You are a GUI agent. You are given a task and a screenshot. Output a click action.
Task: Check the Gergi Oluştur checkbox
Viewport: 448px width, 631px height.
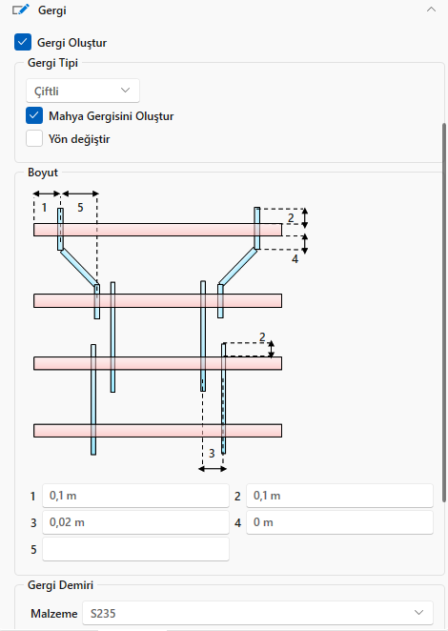23,42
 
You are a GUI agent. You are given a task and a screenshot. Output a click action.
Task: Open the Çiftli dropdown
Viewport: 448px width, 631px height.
83,91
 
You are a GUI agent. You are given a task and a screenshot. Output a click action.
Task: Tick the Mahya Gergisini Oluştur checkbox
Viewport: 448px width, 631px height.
34,115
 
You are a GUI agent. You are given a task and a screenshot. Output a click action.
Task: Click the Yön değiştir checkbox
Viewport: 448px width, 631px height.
34,138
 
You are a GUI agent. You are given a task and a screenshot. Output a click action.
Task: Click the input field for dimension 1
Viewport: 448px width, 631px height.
135,496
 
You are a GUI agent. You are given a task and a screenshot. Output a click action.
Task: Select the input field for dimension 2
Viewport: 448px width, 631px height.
339,496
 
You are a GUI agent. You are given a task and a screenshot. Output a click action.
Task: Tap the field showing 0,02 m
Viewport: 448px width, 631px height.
135,522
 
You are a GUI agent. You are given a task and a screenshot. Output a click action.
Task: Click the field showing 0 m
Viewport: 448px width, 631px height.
339,522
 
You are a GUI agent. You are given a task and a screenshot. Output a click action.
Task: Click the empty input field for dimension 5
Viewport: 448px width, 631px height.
135,549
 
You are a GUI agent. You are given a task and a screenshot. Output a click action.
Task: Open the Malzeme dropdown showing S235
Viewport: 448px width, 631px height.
257,613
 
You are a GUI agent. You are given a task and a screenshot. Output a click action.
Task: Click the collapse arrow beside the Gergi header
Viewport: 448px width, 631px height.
431,10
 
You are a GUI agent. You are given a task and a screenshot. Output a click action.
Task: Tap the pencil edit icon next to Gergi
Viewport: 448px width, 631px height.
21,10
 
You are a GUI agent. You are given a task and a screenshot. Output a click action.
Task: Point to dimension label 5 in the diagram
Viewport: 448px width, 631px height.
80,208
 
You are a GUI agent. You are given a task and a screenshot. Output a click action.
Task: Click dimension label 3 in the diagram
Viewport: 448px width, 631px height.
212,454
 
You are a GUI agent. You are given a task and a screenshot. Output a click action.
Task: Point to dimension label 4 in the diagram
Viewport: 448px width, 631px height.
295,258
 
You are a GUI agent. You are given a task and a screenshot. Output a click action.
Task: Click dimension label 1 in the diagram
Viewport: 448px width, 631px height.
44,208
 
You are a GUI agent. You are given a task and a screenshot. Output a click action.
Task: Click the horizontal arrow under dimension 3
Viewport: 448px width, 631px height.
213,469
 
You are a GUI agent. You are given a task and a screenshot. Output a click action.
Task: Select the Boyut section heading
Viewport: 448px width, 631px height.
43,173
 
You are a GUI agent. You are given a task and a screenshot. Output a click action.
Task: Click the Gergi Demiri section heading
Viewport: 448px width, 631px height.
60,584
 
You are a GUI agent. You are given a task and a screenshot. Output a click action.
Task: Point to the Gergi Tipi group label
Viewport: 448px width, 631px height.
52,63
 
